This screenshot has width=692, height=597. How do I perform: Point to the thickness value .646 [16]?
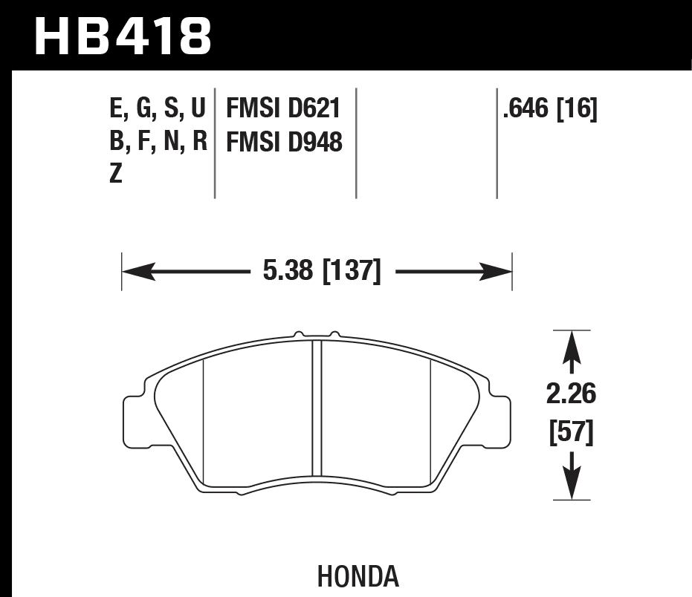click(x=550, y=109)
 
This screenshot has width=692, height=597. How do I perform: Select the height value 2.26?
click(x=571, y=394)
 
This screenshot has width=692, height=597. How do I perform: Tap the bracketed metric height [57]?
click(x=571, y=433)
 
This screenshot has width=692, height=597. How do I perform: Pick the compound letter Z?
click(x=116, y=174)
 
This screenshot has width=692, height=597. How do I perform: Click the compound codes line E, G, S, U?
click(x=157, y=109)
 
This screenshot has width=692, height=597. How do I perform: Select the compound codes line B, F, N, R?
click(x=157, y=142)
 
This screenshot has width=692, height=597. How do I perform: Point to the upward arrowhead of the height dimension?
click(x=571, y=346)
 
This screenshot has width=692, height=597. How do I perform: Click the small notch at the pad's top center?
click(x=317, y=336)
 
